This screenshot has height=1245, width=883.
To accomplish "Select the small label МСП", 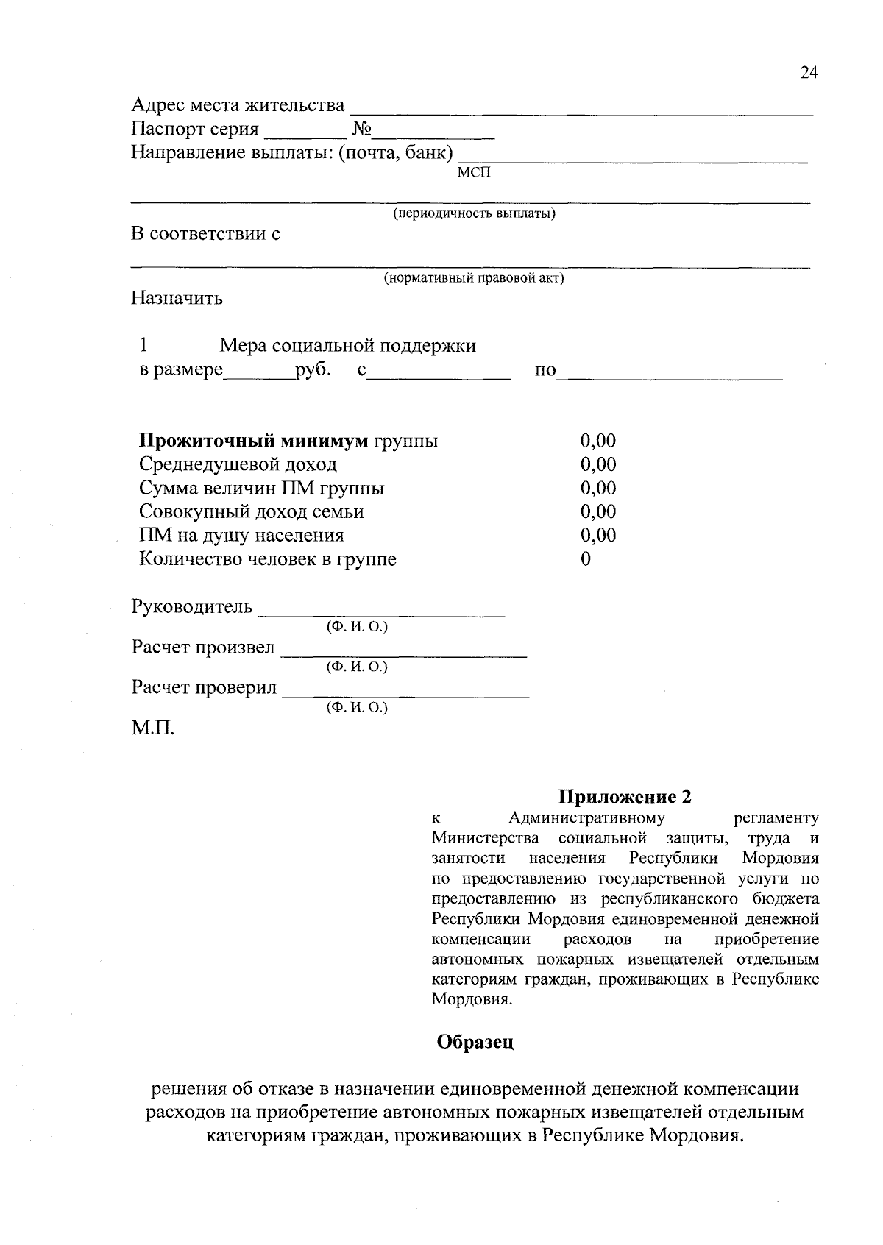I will point(472,172).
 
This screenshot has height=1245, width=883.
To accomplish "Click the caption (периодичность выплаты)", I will point(473,214).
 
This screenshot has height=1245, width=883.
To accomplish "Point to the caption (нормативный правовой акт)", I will point(473,279).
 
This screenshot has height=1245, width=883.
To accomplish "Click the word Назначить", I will point(177,299).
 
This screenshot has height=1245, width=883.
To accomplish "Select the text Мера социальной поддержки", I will point(347,346).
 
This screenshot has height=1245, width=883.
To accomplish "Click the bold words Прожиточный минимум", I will point(253,441).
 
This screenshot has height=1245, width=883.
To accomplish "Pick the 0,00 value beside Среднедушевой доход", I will point(597,464).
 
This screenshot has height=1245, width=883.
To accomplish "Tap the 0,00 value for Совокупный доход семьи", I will point(597,511).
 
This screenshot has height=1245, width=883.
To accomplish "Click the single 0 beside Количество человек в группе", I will point(586,559).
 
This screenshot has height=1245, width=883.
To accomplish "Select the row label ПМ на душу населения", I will point(241,535).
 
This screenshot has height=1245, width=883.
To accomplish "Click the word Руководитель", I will point(191,607).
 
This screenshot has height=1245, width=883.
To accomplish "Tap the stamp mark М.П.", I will point(153,729).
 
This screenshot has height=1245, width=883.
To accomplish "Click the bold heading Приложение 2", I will point(625,797).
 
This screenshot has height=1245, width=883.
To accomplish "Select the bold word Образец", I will point(475,1042).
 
